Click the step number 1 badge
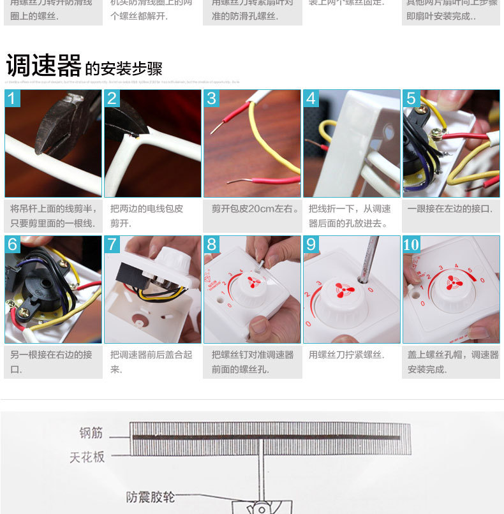(13, 98)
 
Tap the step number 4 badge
(311, 98)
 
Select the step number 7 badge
(112, 244)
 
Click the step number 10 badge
(411, 244)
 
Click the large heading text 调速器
(43, 65)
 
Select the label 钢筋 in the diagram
(91, 433)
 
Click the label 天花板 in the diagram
(87, 457)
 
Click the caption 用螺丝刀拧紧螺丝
(346, 355)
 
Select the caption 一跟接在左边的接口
(450, 209)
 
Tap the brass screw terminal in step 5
(438, 134)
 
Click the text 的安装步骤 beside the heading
(124, 69)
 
